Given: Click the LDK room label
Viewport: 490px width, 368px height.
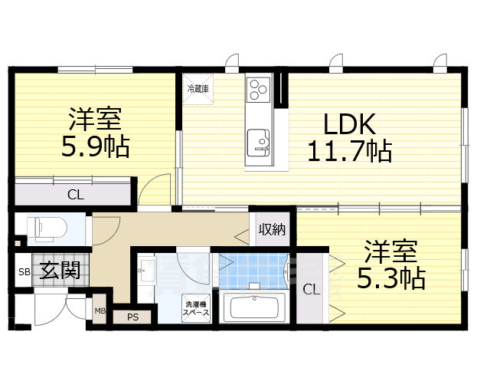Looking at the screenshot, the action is coord(349,124).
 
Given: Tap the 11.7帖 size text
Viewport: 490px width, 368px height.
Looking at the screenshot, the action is coord(350,152).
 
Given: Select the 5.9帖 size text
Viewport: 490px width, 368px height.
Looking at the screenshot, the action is coord(95,146).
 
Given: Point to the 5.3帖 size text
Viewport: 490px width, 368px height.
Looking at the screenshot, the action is coord(391,278).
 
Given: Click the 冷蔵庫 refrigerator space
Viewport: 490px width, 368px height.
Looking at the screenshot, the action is coord(198,89).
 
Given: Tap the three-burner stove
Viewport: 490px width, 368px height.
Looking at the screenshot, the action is coord(258,90).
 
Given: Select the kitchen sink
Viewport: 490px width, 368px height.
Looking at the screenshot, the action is coord(258,143).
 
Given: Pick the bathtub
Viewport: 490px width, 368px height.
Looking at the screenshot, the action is coord(254,307).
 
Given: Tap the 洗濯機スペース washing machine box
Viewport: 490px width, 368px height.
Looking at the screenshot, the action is coord(196,308).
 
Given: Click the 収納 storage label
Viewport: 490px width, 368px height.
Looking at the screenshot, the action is coord(272,229).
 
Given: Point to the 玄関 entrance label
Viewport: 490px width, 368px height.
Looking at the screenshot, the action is coord(60,270).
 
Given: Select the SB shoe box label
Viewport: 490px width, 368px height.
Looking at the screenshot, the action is coord(24,272).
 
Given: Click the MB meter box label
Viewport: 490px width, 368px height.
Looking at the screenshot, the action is coord(100,311).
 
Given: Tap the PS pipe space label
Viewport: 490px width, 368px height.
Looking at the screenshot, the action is coord(132,317).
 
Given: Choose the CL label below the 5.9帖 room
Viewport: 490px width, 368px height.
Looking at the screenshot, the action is coord(76,195).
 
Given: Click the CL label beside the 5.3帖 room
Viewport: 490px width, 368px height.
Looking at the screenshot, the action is coord(312,290).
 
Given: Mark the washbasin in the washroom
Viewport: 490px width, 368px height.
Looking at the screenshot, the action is coord(147,270).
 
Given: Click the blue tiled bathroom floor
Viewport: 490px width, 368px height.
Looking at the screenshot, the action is coord(253,271).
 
